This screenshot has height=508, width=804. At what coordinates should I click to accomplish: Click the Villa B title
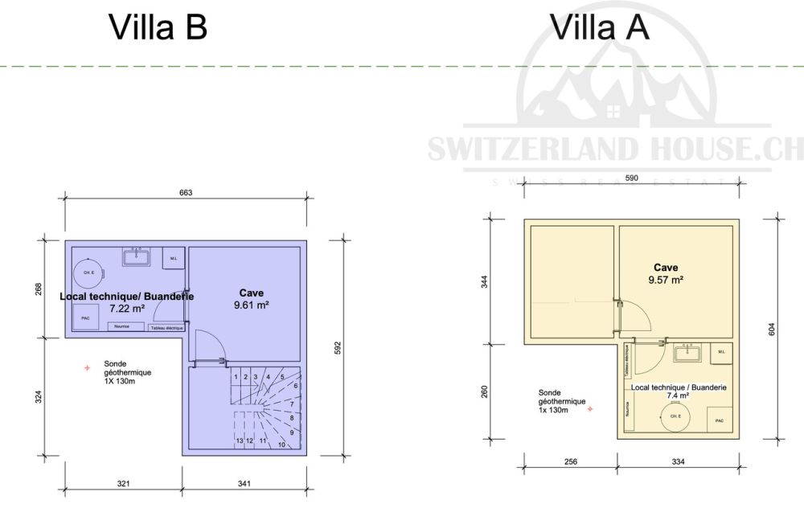pyautogui.click(x=158, y=27)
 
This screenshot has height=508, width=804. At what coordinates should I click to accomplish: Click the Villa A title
pyautogui.click(x=600, y=27)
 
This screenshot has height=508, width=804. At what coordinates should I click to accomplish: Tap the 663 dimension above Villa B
pyautogui.click(x=187, y=193)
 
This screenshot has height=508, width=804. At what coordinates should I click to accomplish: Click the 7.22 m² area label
pyautogui.click(x=127, y=307)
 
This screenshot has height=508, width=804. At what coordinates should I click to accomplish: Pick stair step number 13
pyautogui.click(x=240, y=441)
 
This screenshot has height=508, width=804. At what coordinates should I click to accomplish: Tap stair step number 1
pyautogui.click(x=236, y=376)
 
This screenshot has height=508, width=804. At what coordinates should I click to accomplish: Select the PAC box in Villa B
pyautogui.click(x=85, y=318)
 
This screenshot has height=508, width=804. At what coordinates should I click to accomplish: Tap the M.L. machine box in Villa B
pyautogui.click(x=174, y=258)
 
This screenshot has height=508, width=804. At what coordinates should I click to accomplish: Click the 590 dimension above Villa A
pyautogui.click(x=632, y=178)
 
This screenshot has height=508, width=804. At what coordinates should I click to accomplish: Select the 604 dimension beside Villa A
pyautogui.click(x=771, y=329)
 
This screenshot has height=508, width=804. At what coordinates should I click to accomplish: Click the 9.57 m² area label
pyautogui.click(x=667, y=281)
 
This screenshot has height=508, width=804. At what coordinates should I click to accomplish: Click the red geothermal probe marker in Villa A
pyautogui.click(x=589, y=409)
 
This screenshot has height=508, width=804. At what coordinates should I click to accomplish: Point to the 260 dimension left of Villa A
pyautogui.click(x=483, y=391)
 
